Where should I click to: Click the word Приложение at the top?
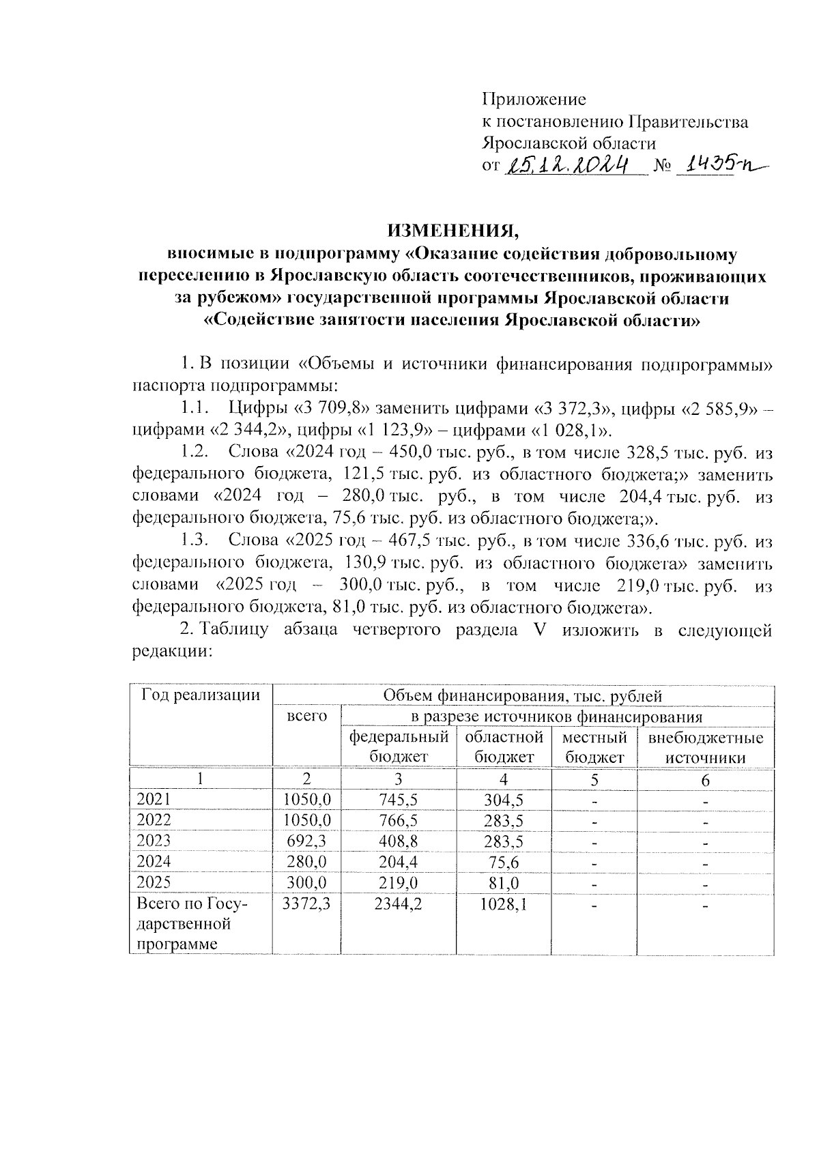tap(534, 100)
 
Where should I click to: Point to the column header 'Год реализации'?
tap(201, 695)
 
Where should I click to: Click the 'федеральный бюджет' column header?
tap(399, 747)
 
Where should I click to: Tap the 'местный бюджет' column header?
tap(594, 747)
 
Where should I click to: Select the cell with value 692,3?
tap(307, 841)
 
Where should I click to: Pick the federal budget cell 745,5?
tap(399, 800)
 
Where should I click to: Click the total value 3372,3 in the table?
tap(307, 904)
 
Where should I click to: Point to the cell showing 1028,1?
tap(504, 904)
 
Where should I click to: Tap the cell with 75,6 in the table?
tap(504, 862)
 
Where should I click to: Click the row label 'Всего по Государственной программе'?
tap(192, 924)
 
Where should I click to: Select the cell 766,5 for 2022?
tap(399, 820)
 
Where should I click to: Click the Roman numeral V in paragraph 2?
tap(539, 630)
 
